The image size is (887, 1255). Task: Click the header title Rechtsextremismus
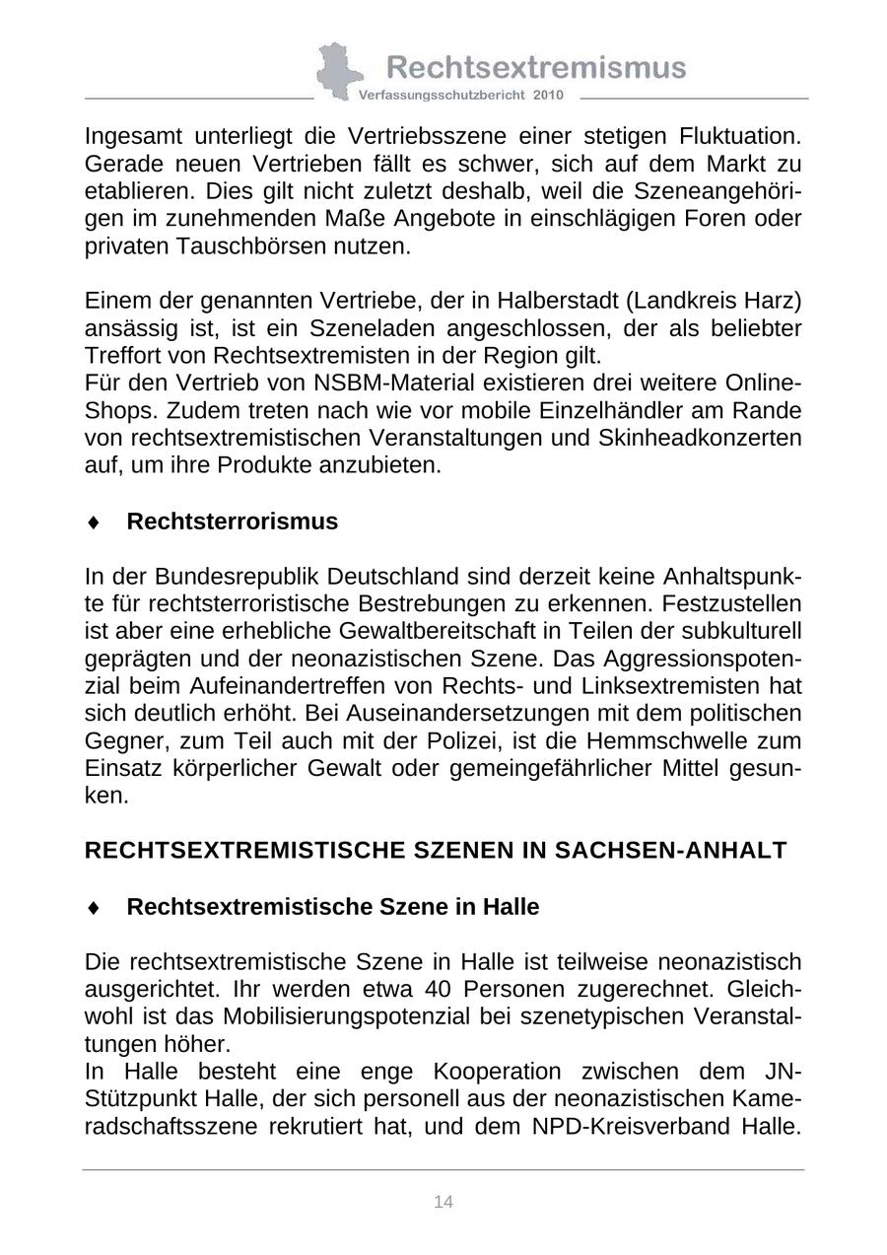[x=536, y=67]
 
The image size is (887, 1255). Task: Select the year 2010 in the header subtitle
[x=548, y=96]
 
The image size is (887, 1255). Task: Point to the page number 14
[x=443, y=1202]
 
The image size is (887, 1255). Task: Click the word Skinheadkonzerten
[x=700, y=438]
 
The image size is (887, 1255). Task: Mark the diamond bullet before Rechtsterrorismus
[x=94, y=523]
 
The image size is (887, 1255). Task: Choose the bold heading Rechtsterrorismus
[x=232, y=522]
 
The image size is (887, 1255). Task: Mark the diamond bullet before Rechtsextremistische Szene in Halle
[x=94, y=908]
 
